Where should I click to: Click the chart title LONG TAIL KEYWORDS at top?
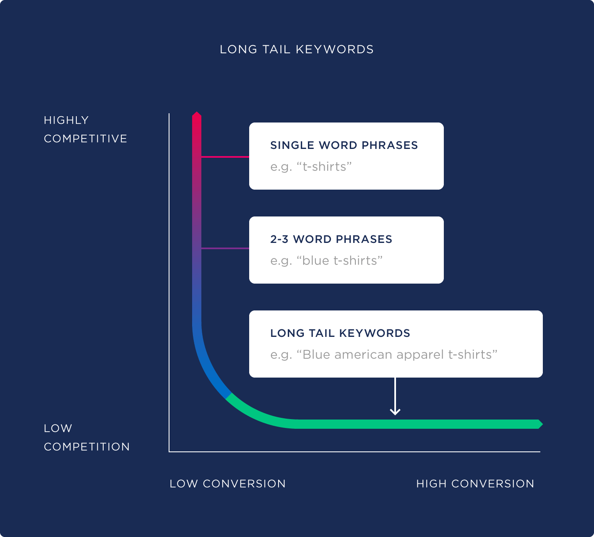tap(297, 50)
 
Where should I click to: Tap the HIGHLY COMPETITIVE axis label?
tap(85, 129)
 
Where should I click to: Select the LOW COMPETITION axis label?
tap(86, 437)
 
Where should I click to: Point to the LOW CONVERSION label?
tap(227, 484)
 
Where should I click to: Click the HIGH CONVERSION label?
tap(475, 484)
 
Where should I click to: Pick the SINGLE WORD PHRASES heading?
tap(344, 145)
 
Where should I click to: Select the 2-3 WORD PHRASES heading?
tap(331, 239)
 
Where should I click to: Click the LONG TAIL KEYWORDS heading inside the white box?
tap(340, 333)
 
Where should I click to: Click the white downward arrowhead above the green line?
tap(395, 412)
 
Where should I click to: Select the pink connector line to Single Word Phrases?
tap(225, 157)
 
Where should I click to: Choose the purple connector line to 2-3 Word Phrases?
tap(225, 248)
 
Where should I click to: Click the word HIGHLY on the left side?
tap(66, 120)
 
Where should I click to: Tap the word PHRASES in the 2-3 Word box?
tap(364, 239)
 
